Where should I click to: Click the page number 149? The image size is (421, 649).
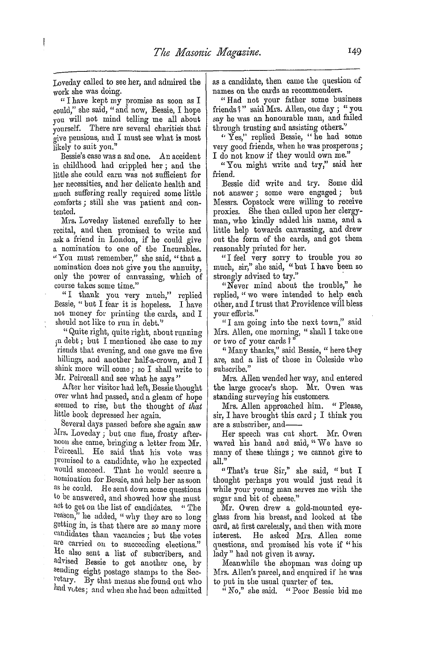[x=355, y=53]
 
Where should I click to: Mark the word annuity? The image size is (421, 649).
[x=188, y=267]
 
